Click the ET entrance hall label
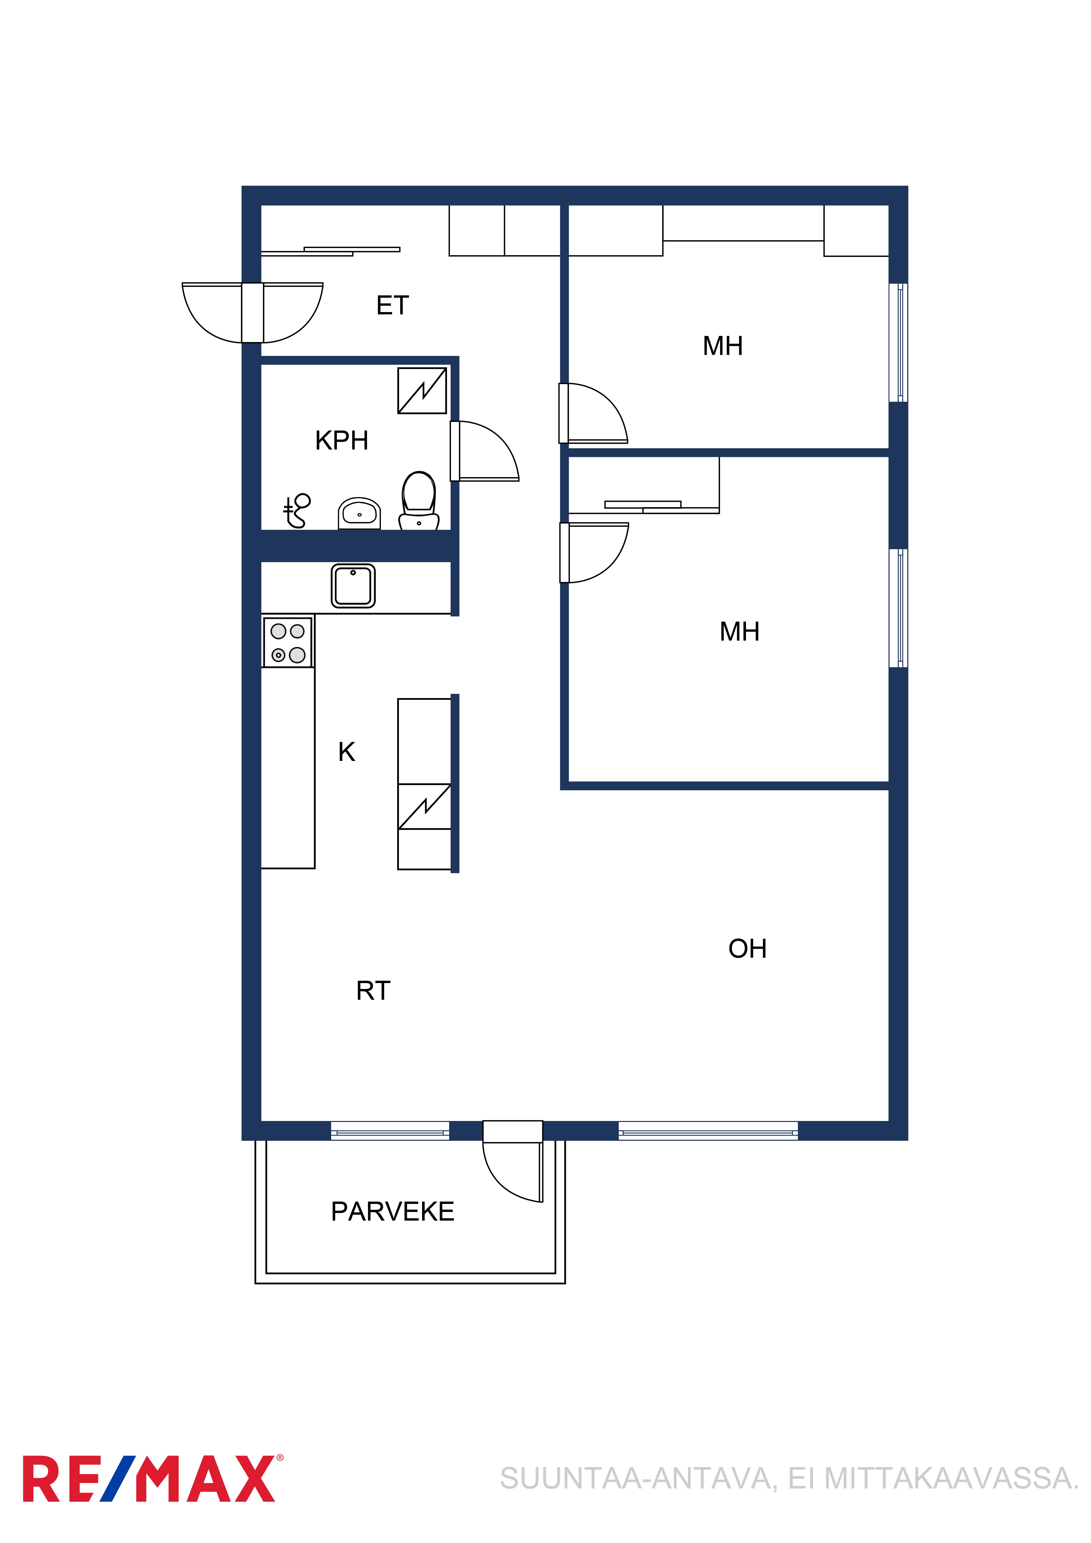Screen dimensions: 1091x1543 click(x=393, y=306)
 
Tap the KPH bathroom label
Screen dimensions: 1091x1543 click(x=341, y=441)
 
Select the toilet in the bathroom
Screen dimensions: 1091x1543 click(x=419, y=501)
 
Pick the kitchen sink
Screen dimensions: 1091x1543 click(x=353, y=586)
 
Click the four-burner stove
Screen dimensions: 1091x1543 click(x=288, y=642)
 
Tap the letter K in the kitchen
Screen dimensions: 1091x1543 click(x=346, y=752)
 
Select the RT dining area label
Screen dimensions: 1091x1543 click(x=373, y=991)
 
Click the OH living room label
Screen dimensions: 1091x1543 click(x=747, y=949)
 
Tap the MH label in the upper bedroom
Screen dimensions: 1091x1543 click(x=723, y=346)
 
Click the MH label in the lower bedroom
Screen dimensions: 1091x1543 click(x=739, y=632)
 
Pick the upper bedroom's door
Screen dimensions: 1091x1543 click(x=594, y=413)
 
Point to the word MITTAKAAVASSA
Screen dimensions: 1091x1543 click(x=951, y=1479)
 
